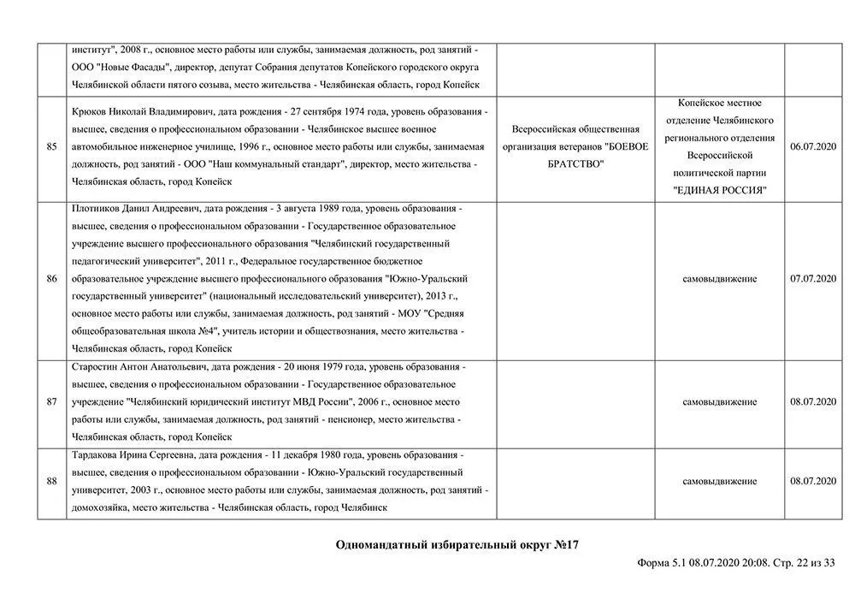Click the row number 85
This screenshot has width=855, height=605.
[51, 147]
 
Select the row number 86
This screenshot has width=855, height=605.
[51, 279]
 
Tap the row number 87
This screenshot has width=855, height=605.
[51, 401]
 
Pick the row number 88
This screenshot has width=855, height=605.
[51, 482]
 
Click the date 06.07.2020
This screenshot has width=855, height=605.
[813, 147]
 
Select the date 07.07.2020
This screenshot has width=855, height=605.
[813, 279]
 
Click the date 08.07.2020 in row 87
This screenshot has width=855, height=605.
[813, 401]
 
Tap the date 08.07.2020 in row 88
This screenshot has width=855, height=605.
[813, 482]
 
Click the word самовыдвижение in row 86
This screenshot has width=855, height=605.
[719, 279]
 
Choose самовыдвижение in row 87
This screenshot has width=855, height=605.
[719, 401]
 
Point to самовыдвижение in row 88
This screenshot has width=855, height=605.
[719, 482]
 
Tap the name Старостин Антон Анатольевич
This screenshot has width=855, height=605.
[137, 366]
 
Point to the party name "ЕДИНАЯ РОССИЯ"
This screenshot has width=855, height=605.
[719, 190]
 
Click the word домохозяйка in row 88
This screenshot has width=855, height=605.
[102, 507]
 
